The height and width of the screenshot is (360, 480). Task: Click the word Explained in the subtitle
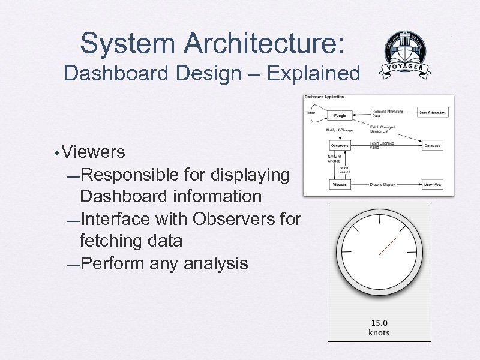pos(314,74)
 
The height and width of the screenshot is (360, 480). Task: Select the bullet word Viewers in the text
pos(93,152)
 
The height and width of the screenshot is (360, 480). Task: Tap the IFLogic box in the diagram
pos(339,115)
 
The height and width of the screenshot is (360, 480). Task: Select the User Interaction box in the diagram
pos(433,112)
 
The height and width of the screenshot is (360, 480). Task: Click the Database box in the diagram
pos(431,145)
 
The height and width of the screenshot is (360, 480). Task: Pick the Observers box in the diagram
pos(339,145)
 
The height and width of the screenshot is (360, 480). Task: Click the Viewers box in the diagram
pos(340,185)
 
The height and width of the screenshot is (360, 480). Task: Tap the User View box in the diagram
pos(432,185)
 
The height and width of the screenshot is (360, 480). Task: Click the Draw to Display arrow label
pos(382,185)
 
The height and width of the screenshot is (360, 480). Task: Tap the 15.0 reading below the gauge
pos(379,323)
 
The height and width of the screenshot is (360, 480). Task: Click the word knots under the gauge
pos(379,332)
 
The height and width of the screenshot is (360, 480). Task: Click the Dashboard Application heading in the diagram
pos(325,97)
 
